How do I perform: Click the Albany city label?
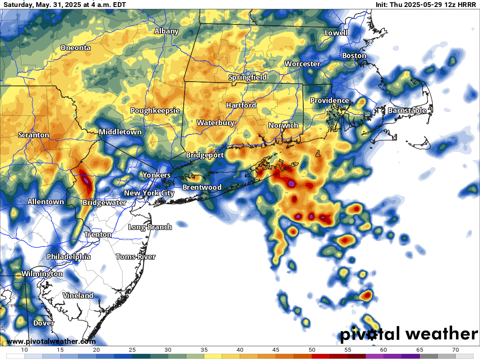[x=166, y=31]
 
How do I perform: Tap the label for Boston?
[x=354, y=55]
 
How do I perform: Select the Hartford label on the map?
[x=241, y=105]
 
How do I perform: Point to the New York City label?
[x=149, y=193]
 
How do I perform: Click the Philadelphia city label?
[x=69, y=257]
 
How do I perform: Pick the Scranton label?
[x=34, y=135]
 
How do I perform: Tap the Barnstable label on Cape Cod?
[x=407, y=110]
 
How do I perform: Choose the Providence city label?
[x=329, y=100]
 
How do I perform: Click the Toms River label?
[x=136, y=257]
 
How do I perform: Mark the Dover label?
[x=44, y=323]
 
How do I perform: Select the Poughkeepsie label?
[x=155, y=110]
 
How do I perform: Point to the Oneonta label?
[x=75, y=48]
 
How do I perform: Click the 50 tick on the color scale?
[x=312, y=350]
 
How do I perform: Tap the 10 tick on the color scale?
[x=24, y=350]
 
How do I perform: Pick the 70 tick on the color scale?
[x=455, y=350]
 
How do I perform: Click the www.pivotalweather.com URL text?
[x=51, y=341]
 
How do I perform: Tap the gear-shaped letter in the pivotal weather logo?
[x=372, y=335]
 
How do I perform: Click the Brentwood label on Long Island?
[x=202, y=187]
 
